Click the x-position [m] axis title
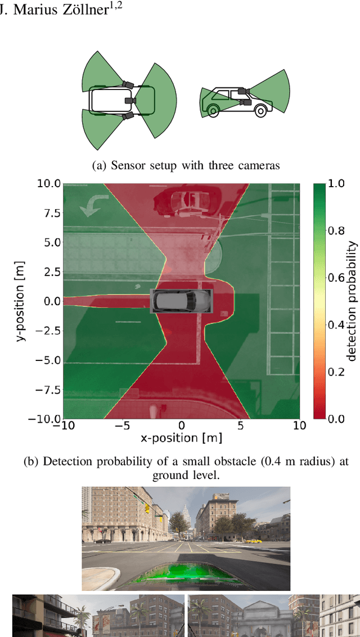click(181, 437)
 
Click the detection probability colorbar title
click(352, 301)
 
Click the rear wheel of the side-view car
click(213, 111)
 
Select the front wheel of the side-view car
click(259, 111)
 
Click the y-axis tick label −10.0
click(45, 419)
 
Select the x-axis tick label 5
click(240, 426)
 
